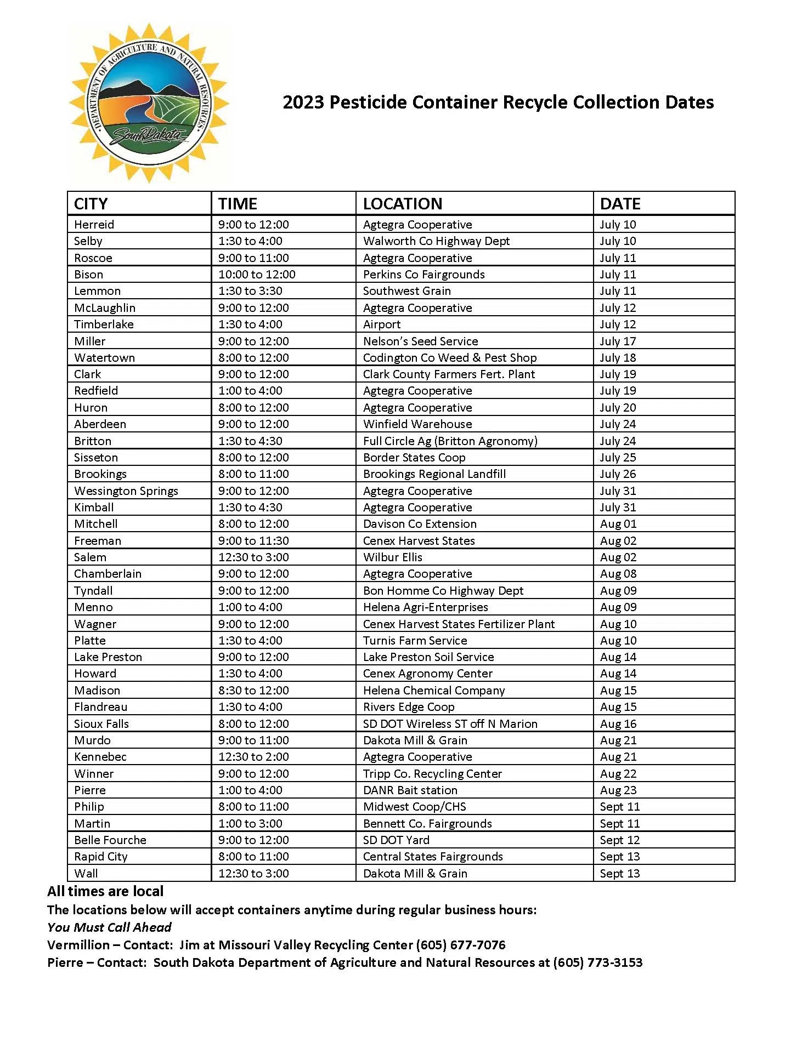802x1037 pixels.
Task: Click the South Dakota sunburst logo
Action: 148,102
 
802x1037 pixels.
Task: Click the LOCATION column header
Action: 402,204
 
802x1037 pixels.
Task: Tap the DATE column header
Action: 620,204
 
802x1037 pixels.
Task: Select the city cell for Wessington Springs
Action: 126,491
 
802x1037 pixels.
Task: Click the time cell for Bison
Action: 257,274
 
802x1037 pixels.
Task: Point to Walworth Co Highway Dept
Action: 436,241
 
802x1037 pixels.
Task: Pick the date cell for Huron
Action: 618,407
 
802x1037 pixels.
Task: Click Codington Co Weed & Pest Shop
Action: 450,357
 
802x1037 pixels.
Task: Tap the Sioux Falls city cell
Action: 101,723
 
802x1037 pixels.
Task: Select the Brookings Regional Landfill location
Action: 434,474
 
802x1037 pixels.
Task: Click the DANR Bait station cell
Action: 410,790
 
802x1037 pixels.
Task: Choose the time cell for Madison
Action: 253,690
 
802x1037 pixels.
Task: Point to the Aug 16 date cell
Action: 618,723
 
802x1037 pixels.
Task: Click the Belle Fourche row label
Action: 110,840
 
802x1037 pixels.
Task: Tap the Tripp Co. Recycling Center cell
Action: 432,773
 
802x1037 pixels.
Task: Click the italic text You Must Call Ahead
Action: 109,927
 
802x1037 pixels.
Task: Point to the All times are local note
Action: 105,891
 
